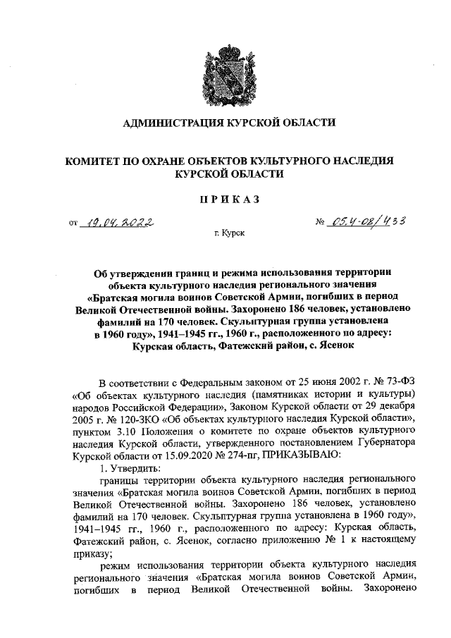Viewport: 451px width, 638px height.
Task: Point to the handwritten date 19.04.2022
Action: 119,225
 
